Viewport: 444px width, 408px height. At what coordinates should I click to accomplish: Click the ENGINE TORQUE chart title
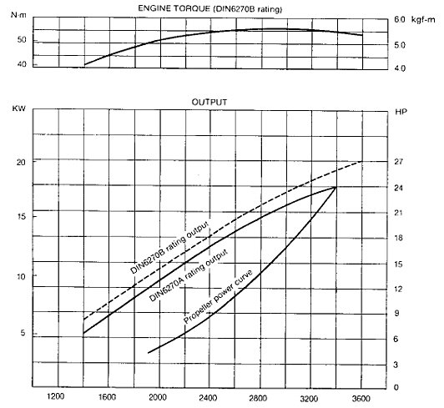coord(209,9)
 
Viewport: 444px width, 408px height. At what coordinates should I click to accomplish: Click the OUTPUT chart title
coord(209,102)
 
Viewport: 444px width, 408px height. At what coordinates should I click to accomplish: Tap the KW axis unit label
coord(19,108)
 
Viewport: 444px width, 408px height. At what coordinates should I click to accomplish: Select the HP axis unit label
coord(401,112)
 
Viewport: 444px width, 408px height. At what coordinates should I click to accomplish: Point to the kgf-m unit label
coord(423,19)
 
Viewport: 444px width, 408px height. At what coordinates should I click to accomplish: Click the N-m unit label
coord(18,15)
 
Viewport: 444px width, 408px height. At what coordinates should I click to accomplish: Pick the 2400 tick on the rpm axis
coord(208,398)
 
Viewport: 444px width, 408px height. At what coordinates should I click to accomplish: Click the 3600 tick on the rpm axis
coord(361,399)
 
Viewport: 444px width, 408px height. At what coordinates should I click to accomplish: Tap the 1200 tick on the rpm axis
coord(55,396)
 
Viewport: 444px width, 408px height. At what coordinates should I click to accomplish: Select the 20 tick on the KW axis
coord(21,162)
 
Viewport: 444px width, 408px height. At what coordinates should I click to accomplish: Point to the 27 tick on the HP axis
coord(398,162)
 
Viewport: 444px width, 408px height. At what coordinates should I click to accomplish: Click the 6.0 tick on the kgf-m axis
coord(400,19)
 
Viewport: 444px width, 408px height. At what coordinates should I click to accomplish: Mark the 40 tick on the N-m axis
coord(22,64)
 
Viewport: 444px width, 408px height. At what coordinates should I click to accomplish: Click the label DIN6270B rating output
coord(169,247)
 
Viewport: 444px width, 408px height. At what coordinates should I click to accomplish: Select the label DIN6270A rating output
coord(189,275)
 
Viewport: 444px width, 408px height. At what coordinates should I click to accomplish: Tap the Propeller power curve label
coord(218,296)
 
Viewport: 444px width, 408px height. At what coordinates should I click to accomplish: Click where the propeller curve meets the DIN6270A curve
coord(336,187)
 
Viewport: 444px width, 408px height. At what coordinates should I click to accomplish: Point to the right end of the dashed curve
coord(362,161)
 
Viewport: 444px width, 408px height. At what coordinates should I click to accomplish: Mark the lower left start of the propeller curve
coord(148,353)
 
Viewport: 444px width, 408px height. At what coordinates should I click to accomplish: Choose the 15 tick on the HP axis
coord(398,264)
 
